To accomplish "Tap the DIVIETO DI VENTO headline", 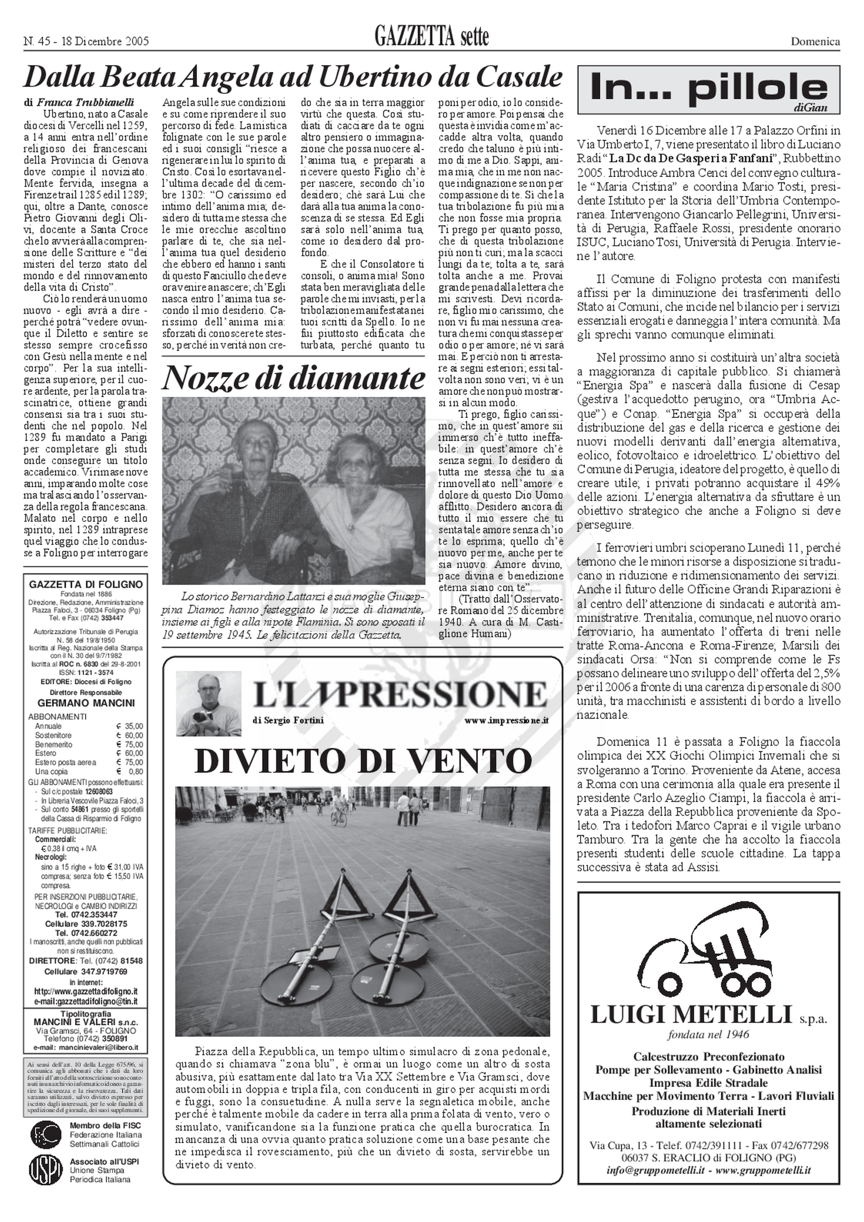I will click(363, 761).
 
